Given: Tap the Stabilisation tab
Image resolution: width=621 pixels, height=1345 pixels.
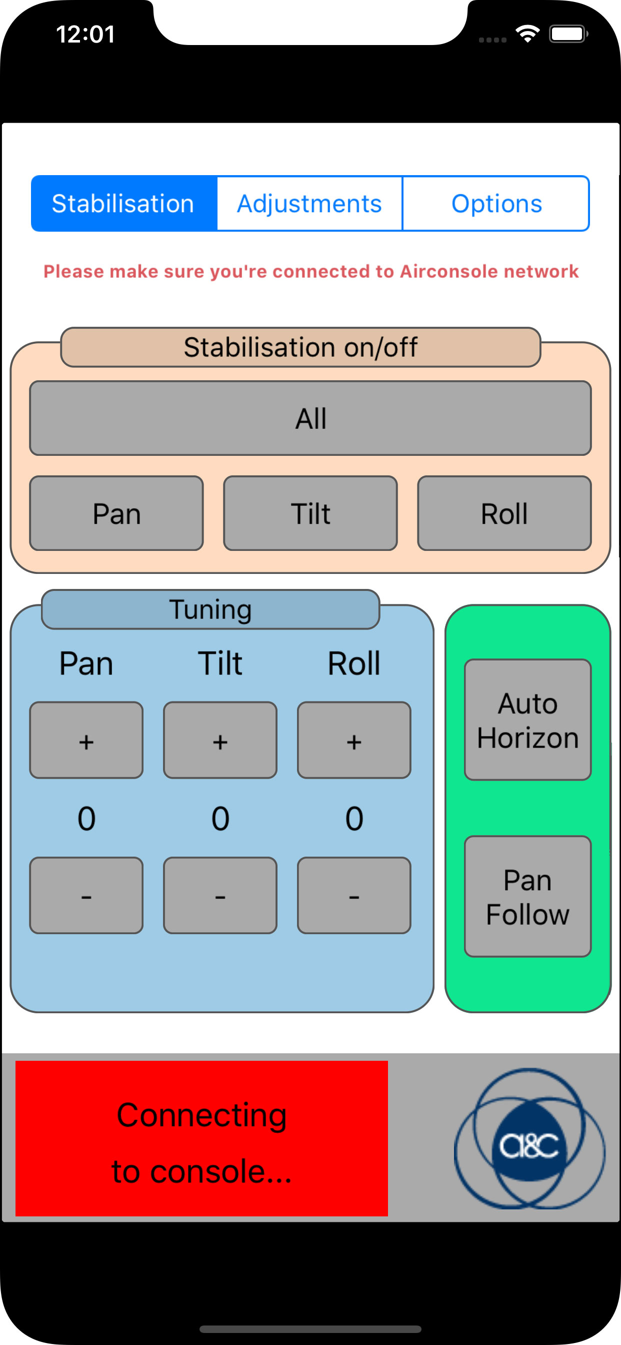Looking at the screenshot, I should pos(123,204).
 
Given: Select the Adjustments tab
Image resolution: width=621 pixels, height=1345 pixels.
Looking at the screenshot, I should pos(309,204).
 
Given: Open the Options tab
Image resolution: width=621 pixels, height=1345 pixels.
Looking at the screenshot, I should pos(496,204).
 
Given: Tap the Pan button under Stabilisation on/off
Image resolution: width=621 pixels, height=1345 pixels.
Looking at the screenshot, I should pos(116,513).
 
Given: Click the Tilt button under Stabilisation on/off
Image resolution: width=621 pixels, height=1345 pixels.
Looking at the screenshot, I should pos(310,513).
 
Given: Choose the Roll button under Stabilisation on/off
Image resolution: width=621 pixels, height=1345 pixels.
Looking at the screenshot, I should pos(504,513).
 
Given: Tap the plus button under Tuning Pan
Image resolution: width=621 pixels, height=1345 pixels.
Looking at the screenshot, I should pos(86,741).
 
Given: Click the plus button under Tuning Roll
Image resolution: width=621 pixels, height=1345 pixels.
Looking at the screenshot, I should pos(354,741).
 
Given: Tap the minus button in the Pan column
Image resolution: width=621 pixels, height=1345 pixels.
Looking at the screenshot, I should pos(86,896).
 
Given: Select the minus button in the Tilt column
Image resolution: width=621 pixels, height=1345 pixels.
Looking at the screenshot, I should pos(220,896).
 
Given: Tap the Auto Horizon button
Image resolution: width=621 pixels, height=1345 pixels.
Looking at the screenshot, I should pos(527,720).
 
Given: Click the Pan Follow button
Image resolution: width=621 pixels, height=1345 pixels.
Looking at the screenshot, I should pos(527,897).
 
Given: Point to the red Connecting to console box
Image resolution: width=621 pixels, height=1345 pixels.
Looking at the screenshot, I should pos(201,1139).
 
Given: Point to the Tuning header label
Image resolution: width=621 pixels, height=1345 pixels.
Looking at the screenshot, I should pos(210,609).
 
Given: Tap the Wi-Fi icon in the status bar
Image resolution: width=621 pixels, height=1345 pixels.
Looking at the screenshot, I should pos(527,35).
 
